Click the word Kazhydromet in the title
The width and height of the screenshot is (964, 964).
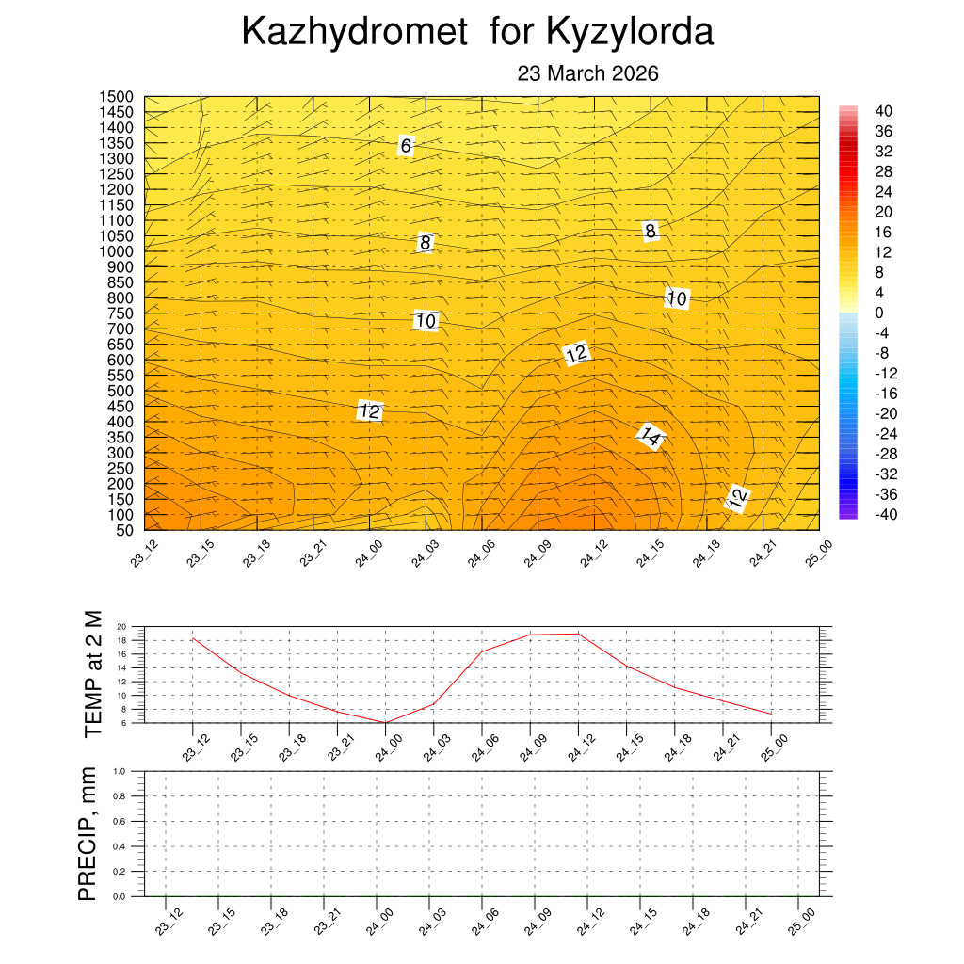[354, 33]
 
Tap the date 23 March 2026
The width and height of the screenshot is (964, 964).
[587, 74]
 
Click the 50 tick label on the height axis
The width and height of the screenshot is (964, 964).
[123, 530]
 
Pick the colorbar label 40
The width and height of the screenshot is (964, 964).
[883, 110]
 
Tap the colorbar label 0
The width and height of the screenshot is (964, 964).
[879, 313]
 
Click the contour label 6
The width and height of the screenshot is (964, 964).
[406, 146]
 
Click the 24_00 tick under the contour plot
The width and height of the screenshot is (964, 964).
[369, 552]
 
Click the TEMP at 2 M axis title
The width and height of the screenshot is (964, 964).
[92, 674]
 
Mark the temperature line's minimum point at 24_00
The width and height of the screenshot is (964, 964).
[385, 722]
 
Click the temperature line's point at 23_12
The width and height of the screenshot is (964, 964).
[193, 639]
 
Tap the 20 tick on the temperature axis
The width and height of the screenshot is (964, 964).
[121, 626]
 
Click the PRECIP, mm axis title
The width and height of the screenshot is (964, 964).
[88, 832]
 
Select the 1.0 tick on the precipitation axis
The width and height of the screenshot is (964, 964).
[120, 771]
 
